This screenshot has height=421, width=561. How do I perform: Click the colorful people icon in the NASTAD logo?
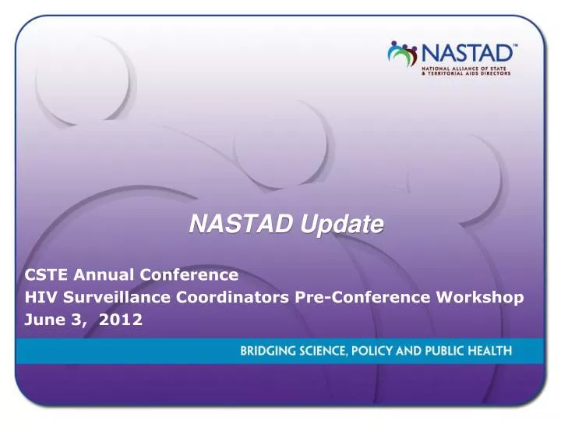click(x=403, y=54)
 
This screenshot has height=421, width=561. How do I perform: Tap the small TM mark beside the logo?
click(x=513, y=47)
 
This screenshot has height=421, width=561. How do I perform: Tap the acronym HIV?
click(x=40, y=297)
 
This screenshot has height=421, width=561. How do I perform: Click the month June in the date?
click(x=44, y=320)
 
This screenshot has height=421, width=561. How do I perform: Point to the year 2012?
click(x=121, y=320)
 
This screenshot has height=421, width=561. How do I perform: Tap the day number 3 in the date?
click(x=79, y=320)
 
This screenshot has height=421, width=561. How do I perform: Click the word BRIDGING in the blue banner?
click(x=267, y=352)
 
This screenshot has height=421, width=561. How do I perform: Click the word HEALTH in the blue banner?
click(x=490, y=352)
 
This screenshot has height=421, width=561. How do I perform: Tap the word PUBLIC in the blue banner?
click(x=445, y=352)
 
